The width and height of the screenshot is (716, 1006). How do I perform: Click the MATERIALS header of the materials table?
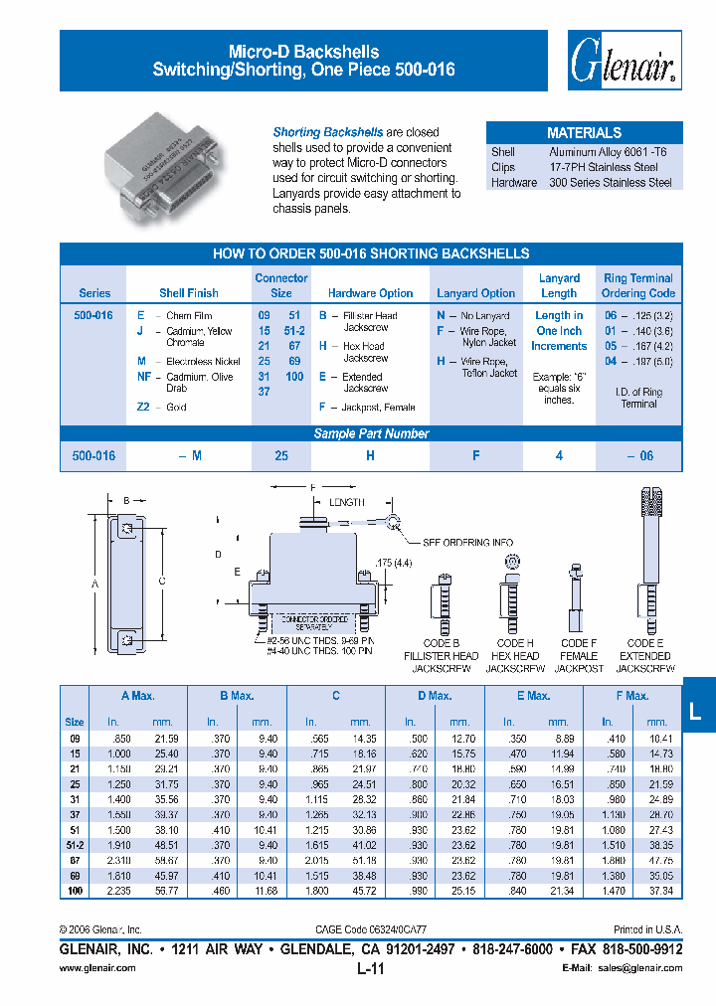(x=584, y=132)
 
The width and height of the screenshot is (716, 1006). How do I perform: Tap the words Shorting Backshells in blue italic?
(x=328, y=132)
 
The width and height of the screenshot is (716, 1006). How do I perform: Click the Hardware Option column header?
(x=370, y=293)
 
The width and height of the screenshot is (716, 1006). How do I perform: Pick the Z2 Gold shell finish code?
(x=144, y=407)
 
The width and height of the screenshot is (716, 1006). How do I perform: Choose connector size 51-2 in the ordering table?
(x=294, y=330)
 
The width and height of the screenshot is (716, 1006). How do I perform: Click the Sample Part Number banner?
(x=371, y=433)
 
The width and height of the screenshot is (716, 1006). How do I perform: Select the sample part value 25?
(x=281, y=455)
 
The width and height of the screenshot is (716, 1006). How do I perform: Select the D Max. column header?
(x=435, y=696)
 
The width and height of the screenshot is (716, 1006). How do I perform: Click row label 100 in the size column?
(x=74, y=892)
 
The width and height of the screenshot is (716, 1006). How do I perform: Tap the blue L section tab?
(x=695, y=709)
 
